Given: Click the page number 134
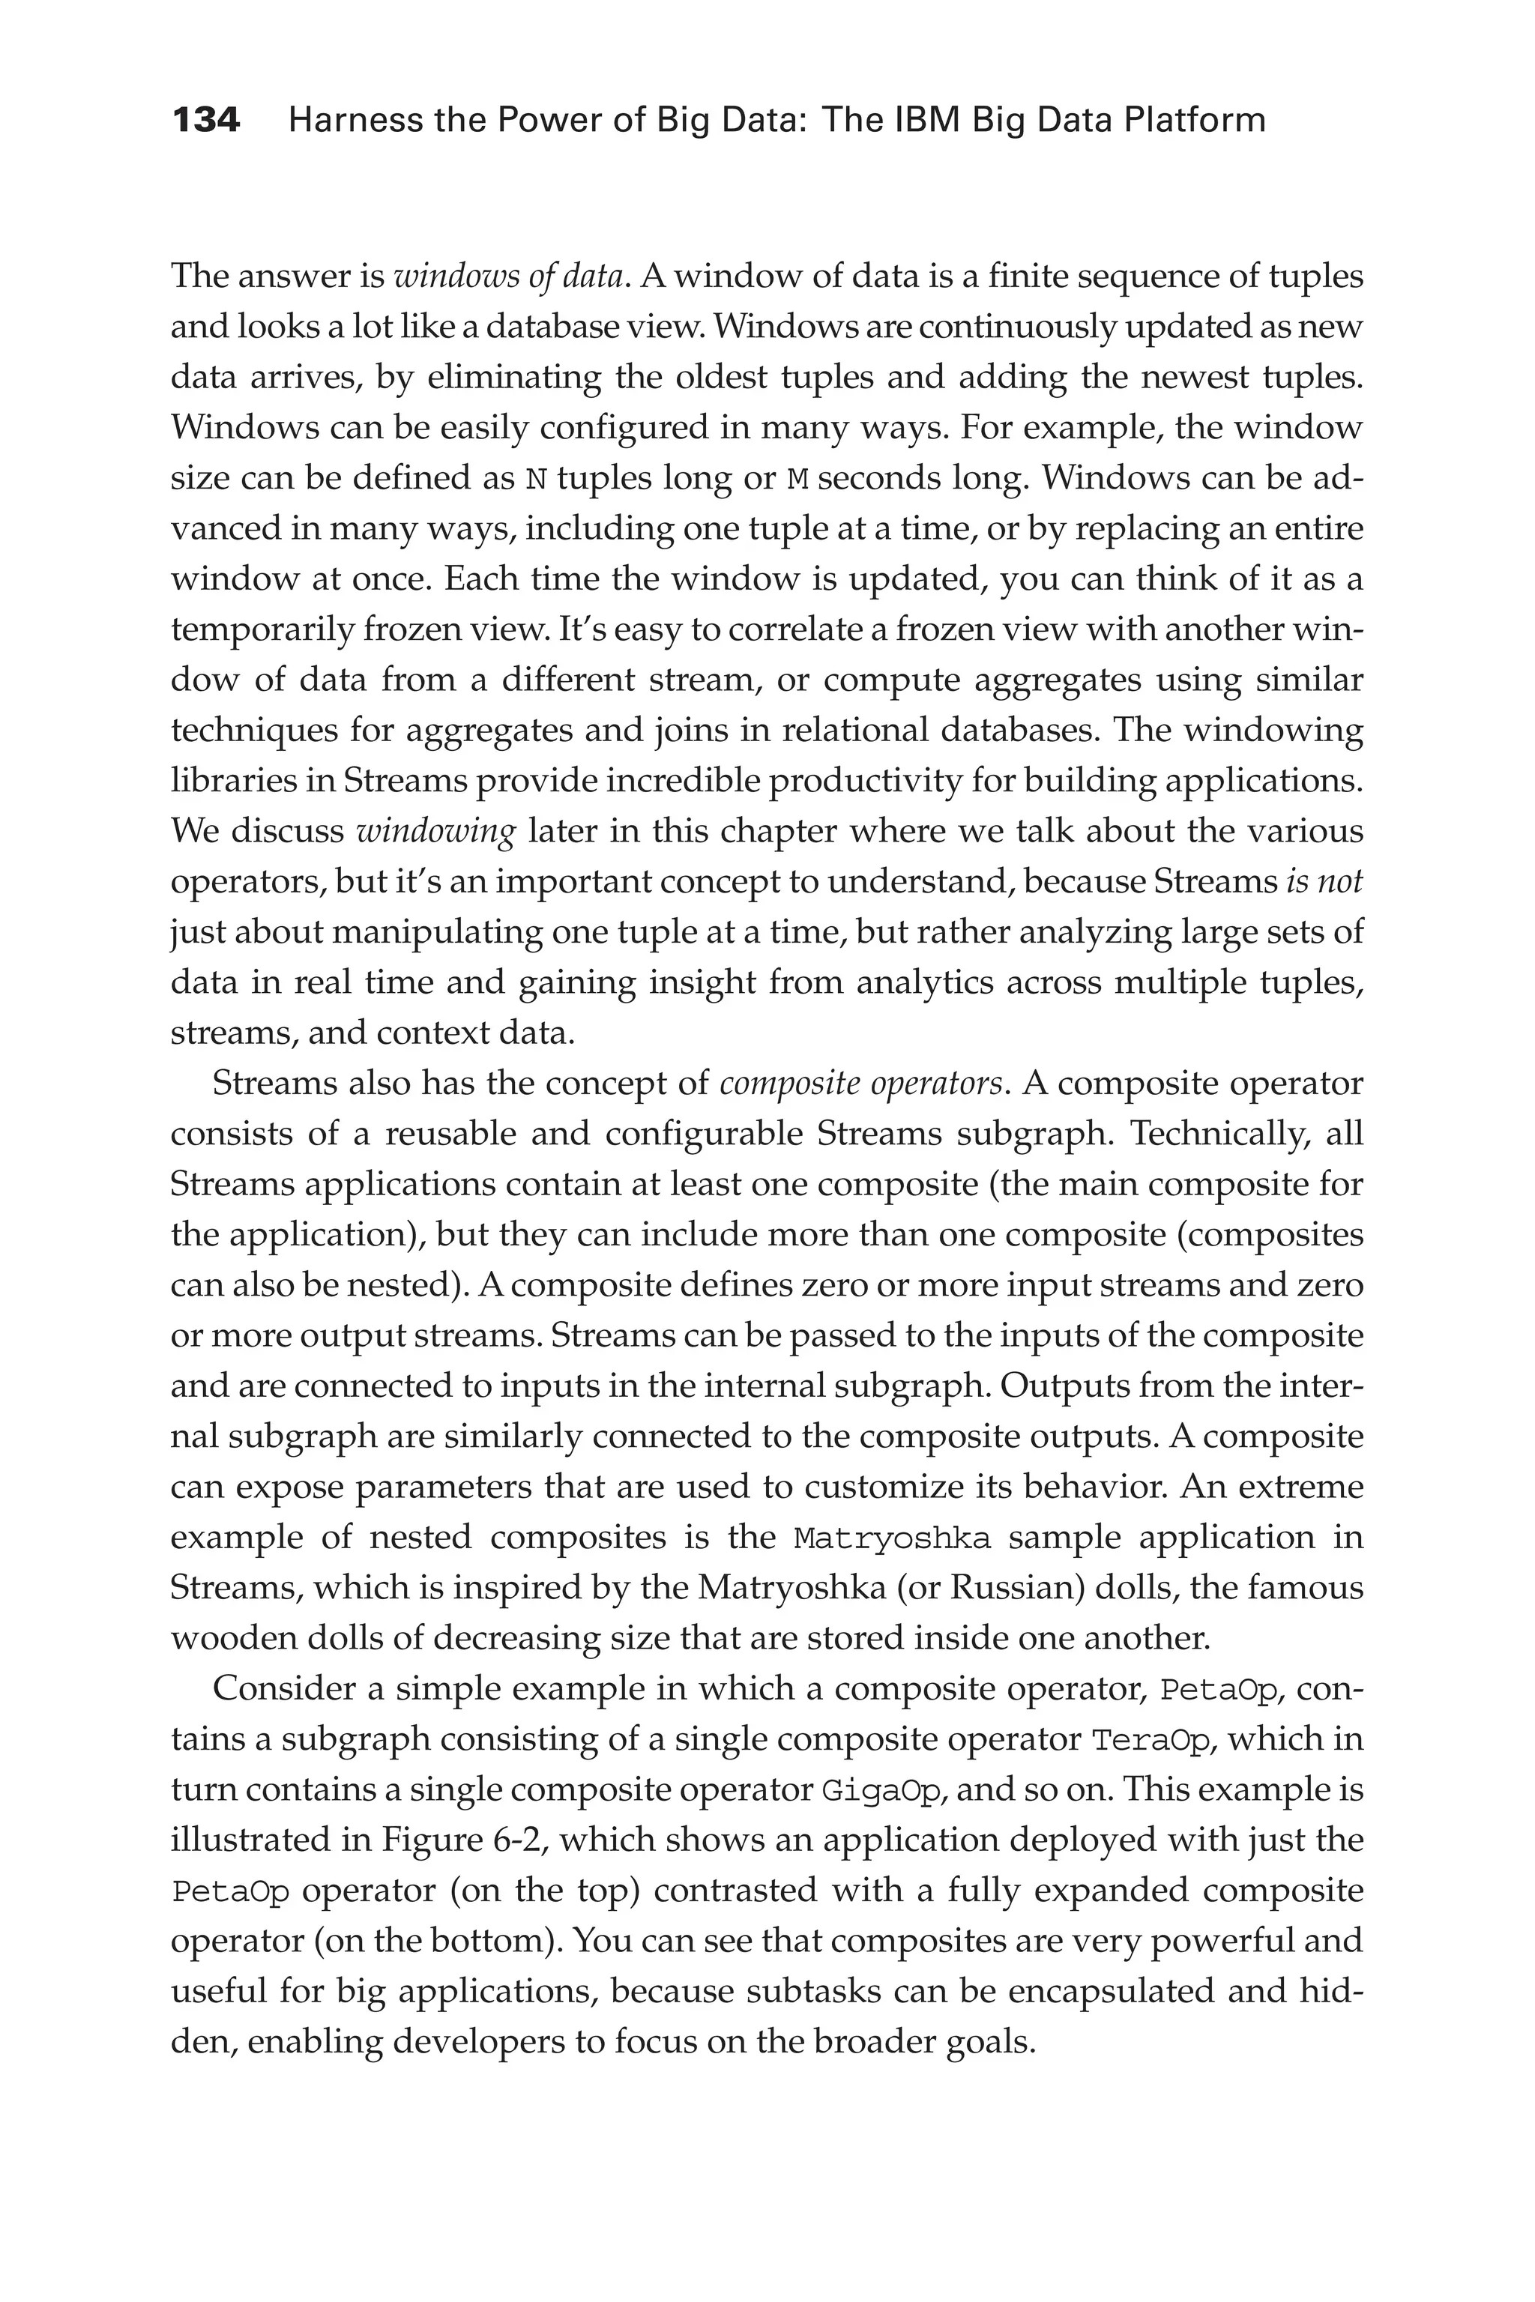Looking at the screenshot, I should (205, 121).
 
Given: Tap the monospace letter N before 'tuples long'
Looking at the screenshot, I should (535, 480).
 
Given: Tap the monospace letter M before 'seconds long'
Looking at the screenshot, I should (797, 480).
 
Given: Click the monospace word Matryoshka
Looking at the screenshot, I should (892, 1538).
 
